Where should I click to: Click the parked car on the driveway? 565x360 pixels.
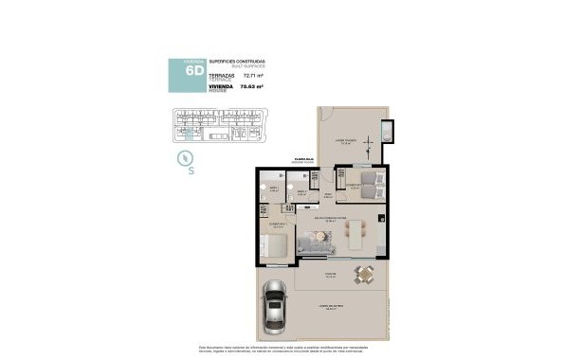pyautogui.click(x=274, y=309)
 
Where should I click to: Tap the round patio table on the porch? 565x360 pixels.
pyautogui.click(x=364, y=274)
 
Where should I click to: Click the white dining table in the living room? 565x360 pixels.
pyautogui.click(x=355, y=234)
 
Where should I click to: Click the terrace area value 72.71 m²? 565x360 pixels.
pyautogui.click(x=253, y=74)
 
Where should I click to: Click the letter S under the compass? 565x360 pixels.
pyautogui.click(x=191, y=172)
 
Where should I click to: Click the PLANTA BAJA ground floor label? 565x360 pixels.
pyautogui.click(x=303, y=160)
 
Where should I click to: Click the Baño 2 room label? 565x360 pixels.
pyautogui.click(x=301, y=192)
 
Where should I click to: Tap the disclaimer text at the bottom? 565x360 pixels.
pyautogui.click(x=282, y=349)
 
